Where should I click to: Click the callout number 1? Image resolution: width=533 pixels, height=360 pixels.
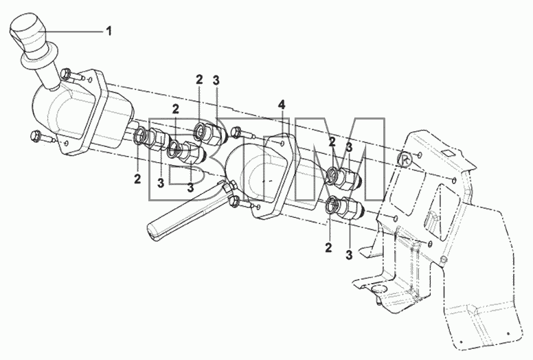109,32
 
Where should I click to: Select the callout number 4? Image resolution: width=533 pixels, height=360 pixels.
282,104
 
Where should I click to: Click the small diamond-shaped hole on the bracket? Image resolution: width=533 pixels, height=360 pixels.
449,153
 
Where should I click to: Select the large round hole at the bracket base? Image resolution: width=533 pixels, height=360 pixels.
378,290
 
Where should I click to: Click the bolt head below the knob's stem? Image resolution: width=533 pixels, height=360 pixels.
66,74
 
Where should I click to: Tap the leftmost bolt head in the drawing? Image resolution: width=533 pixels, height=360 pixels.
35,136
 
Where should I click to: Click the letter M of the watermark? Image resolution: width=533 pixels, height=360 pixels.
340,159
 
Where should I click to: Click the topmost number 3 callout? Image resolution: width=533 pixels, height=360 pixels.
216,81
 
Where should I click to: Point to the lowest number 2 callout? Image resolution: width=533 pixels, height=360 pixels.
328,248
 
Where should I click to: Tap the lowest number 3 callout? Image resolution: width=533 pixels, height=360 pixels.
349,255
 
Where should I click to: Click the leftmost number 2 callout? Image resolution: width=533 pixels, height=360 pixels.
137,179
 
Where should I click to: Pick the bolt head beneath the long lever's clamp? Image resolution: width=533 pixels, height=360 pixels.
234,202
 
